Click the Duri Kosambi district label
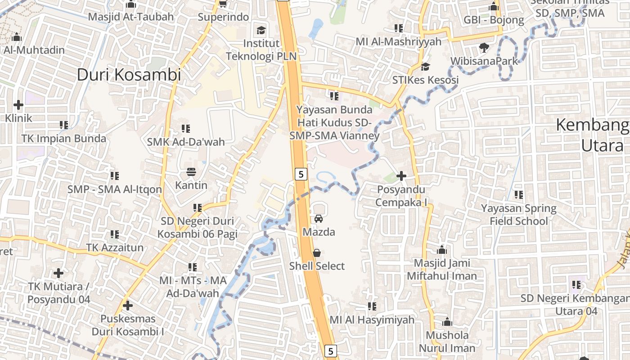(129, 74)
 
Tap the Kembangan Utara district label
(592, 135)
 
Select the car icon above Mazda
(319, 219)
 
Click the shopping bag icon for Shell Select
(317, 253)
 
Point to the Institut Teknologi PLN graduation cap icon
(261, 31)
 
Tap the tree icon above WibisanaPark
(484, 47)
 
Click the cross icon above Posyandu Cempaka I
(401, 176)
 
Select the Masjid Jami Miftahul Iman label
(442, 269)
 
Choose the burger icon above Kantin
(191, 172)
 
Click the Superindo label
(224, 17)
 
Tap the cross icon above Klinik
(18, 105)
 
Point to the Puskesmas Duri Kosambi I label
(128, 325)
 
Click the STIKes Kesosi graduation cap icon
(425, 67)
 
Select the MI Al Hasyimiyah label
(372, 320)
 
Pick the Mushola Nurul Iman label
(447, 342)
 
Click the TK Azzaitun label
(115, 247)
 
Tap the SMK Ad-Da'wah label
(185, 142)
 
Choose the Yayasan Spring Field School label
(519, 215)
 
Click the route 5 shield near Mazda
(301, 174)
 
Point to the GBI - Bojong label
(494, 20)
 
